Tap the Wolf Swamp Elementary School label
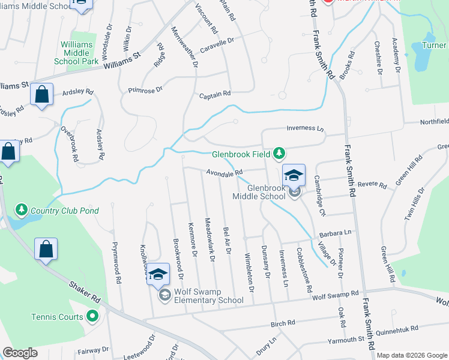point(208,294)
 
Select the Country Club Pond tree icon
point(22,210)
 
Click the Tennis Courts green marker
point(92,315)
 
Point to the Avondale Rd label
point(224,173)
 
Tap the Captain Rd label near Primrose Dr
point(215,94)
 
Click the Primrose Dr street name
point(145,90)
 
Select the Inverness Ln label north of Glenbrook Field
point(305,128)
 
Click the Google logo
point(20,353)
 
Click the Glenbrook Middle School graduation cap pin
point(294,175)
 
